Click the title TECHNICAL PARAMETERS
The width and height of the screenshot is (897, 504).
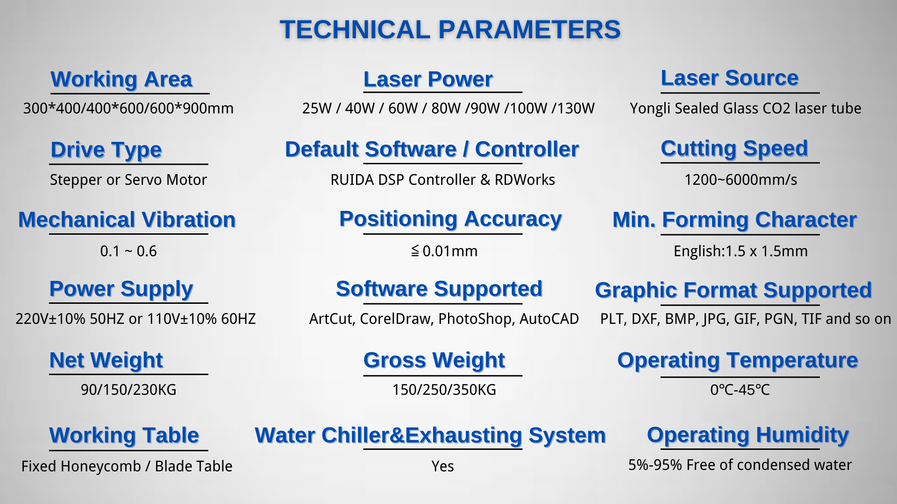450,29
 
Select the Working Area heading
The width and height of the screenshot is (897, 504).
121,79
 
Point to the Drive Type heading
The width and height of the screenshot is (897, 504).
107,150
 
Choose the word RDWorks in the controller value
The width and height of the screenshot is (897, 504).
525,180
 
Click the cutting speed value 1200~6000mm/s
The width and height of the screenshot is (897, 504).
740,180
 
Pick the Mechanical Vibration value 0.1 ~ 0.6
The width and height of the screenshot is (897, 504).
128,251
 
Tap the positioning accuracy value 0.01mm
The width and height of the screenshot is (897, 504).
450,251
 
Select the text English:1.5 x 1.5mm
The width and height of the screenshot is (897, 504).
740,251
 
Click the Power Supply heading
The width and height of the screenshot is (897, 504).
121,289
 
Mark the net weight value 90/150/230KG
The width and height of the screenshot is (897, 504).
128,390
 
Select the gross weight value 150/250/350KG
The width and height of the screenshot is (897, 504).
444,390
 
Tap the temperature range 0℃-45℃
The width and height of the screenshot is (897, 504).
740,390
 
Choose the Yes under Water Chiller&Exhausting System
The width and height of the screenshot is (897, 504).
442,466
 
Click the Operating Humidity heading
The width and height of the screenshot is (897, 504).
747,435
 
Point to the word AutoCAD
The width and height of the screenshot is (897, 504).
549,319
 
